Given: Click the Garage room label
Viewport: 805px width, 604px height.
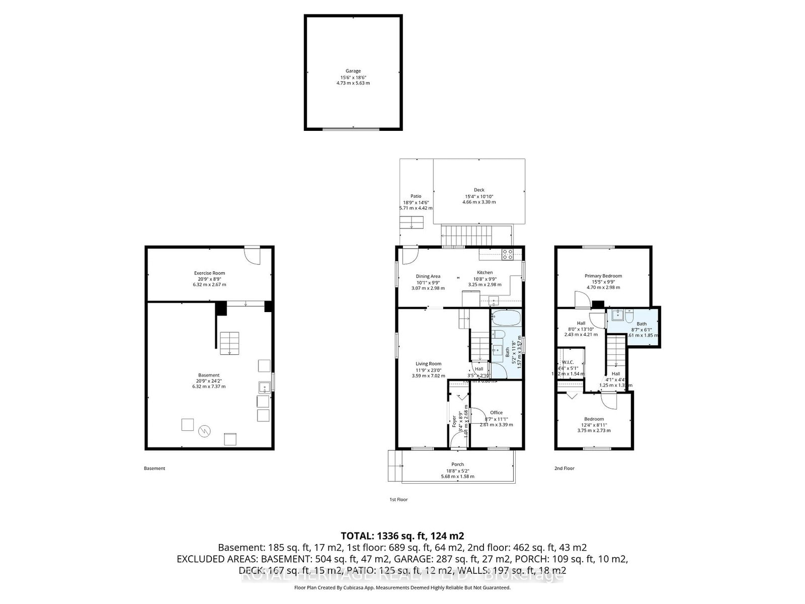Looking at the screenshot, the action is point(353,71).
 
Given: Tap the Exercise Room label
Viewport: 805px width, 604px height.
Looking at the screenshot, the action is point(209,273).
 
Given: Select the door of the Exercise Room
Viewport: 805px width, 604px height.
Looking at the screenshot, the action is point(253,254).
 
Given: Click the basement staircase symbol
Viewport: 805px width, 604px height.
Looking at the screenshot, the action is point(229,343).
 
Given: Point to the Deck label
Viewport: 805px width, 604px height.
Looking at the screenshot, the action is point(479,190).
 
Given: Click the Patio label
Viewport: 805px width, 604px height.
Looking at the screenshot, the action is point(416,196).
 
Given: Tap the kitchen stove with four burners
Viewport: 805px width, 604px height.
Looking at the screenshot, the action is point(507,255).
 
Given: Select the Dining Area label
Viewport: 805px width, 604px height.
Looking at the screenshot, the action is point(428,276).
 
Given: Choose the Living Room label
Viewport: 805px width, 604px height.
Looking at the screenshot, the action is point(428,364).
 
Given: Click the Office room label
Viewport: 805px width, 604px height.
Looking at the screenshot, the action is point(496,413).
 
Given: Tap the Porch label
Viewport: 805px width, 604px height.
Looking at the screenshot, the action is point(457,465).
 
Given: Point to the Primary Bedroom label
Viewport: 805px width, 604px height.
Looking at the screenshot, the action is point(603,276).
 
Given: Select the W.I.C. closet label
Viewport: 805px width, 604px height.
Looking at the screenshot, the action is point(568,362).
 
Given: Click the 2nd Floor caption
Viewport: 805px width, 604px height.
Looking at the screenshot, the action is point(564,469).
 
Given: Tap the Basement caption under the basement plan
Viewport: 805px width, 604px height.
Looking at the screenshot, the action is point(154,469).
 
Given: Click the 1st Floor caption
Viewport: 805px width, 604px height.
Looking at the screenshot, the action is point(398,500).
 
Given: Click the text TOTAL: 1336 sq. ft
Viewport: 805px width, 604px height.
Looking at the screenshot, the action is point(402,536).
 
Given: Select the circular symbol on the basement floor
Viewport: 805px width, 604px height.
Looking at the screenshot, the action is point(205,431).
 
